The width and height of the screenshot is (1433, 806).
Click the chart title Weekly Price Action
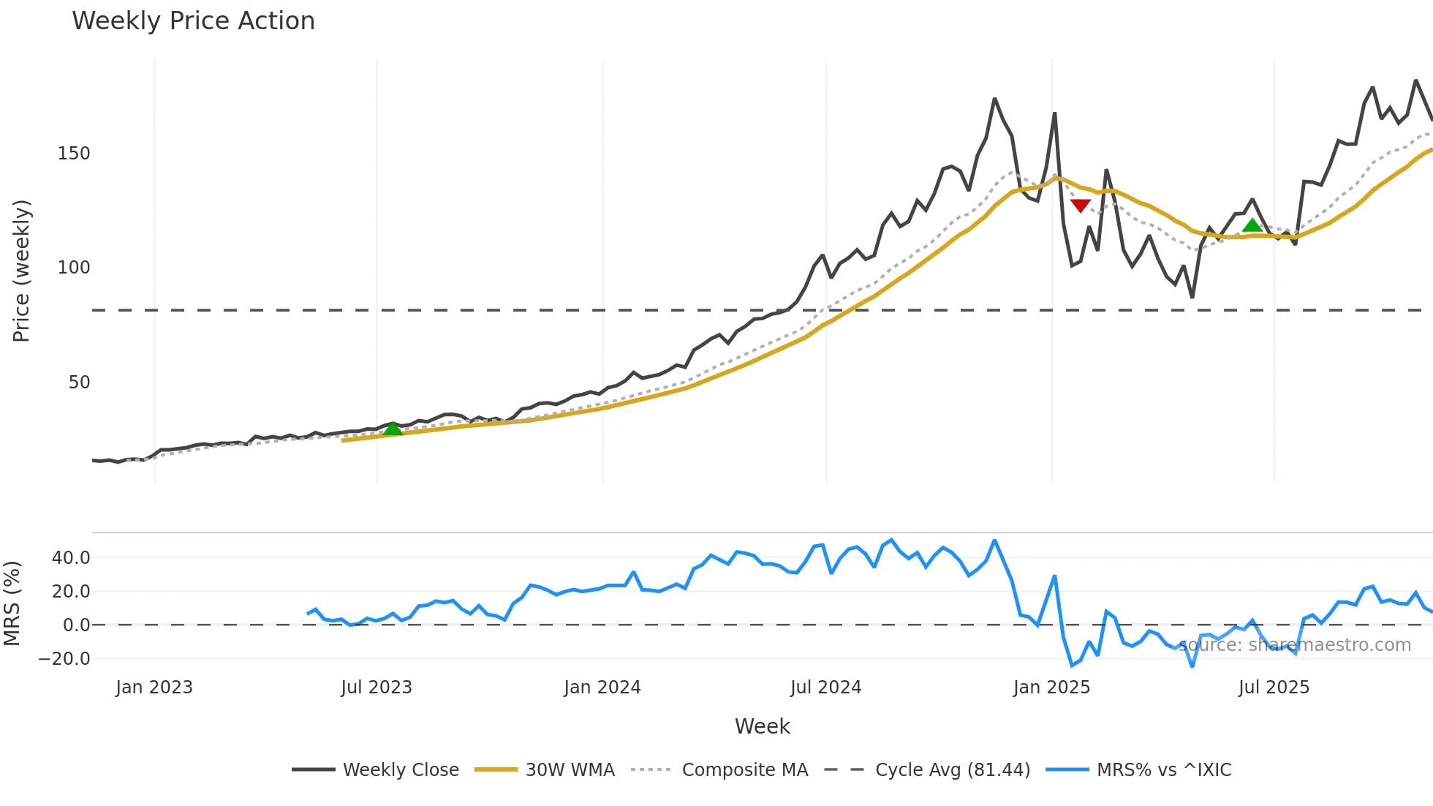click(193, 21)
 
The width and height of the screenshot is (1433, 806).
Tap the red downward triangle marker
click(1080, 206)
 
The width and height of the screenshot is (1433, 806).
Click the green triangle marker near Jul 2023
click(393, 429)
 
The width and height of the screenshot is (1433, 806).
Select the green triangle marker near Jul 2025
click(1252, 225)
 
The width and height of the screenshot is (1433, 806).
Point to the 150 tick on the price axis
click(74, 154)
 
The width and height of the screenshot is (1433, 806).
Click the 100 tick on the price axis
click(74, 268)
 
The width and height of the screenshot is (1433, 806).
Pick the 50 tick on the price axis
click(79, 383)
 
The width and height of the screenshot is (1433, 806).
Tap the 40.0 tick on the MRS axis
click(71, 558)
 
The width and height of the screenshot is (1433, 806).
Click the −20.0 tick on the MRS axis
click(64, 659)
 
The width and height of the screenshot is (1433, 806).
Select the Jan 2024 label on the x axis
click(602, 688)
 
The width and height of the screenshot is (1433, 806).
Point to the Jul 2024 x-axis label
click(825, 688)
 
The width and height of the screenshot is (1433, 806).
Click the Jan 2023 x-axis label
click(154, 688)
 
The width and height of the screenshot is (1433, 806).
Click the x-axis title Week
click(762, 726)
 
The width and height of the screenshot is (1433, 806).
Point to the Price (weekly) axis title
click(21, 271)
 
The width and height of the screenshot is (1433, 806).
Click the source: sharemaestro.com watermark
click(1295, 645)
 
